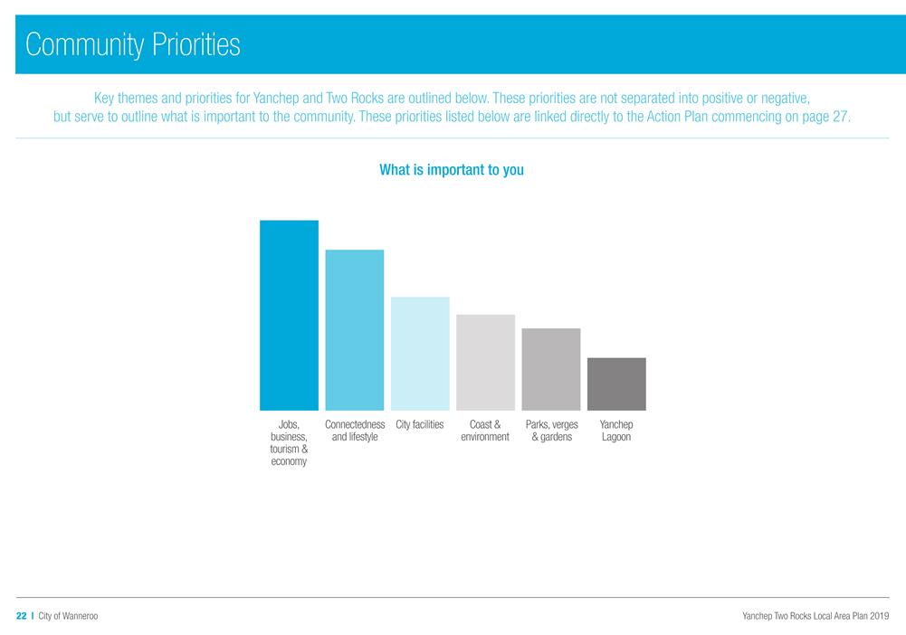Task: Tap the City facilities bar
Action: click(x=420, y=354)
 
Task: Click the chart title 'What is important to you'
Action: click(x=452, y=169)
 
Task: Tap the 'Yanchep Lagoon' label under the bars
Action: click(x=616, y=431)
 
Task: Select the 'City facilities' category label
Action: click(x=420, y=424)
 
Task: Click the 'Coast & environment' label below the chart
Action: click(x=485, y=431)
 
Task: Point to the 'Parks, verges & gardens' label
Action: click(x=551, y=431)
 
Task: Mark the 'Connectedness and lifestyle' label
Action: click(x=355, y=431)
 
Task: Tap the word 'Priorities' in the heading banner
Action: click(x=192, y=44)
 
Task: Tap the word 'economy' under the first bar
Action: click(x=289, y=461)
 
